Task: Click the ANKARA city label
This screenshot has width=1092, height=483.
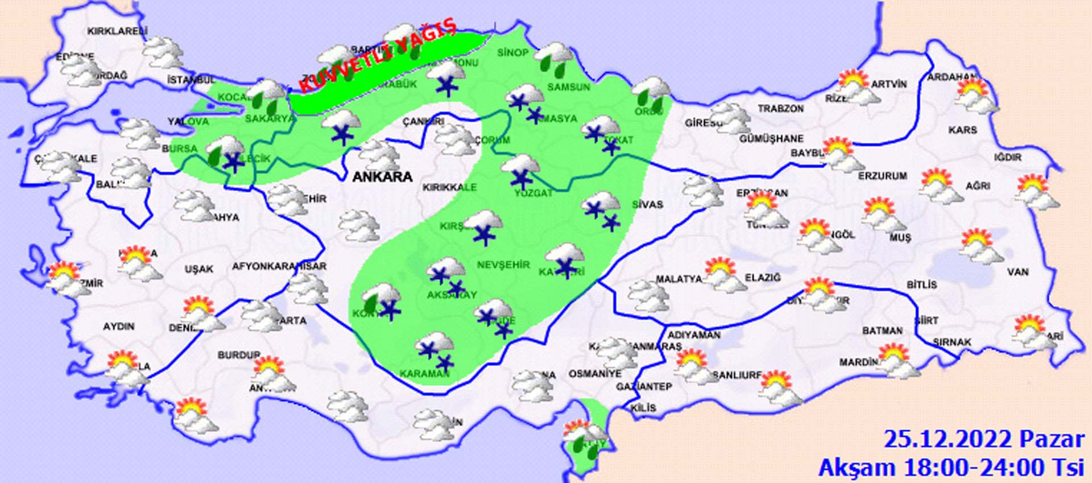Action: point(382,177)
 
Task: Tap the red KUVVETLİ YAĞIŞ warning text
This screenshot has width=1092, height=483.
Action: point(378,55)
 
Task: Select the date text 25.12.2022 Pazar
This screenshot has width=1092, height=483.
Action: point(983,439)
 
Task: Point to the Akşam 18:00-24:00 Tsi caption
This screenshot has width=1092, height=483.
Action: point(950,468)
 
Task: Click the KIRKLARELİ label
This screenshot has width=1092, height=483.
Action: point(117,31)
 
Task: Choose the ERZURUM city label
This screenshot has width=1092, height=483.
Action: point(882,176)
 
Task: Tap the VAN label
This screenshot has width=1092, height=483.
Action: point(1017,272)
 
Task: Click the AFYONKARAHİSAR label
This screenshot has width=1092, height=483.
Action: point(279,266)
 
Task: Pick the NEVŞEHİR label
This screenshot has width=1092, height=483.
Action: point(503,265)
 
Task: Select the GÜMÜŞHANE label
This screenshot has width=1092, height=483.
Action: point(771,138)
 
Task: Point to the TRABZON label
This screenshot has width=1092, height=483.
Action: point(780,108)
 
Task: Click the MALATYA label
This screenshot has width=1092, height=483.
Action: point(679,279)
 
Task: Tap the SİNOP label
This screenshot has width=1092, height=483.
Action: point(512,52)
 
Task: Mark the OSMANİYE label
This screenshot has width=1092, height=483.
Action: point(595,374)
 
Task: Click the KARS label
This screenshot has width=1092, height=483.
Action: point(962,130)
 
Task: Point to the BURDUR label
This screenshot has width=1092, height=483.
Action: point(238,355)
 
